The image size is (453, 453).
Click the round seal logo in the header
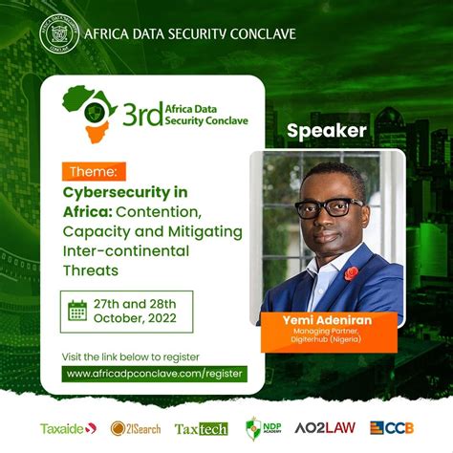tap(58, 34)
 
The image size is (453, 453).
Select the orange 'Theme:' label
tap(93, 172)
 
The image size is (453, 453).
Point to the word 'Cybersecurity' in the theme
tap(119, 191)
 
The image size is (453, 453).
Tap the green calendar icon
tap(77, 311)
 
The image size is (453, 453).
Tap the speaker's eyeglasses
tap(329, 208)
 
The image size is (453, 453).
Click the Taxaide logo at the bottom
tap(68, 428)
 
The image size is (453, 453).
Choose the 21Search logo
tap(136, 428)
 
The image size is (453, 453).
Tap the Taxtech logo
tap(201, 428)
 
